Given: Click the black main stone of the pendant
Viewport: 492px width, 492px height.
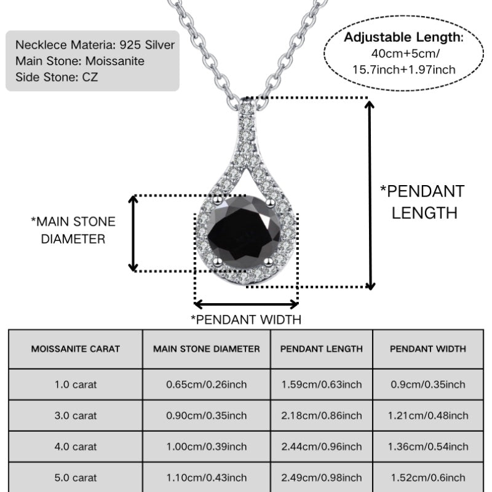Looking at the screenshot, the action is point(244,232).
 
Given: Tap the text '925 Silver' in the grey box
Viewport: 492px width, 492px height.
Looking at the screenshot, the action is point(147,45).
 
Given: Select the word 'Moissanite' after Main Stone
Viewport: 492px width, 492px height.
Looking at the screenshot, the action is point(115,61).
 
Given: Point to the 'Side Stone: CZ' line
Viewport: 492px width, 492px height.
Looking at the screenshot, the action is point(57,77).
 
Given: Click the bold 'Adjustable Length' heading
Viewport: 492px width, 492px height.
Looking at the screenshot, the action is point(402,37).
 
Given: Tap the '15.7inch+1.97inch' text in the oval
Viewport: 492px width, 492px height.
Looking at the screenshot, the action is point(404,69).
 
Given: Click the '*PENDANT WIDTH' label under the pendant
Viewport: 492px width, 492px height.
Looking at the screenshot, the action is point(247,320).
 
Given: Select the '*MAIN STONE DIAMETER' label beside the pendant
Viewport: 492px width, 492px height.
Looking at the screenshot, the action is point(73,230).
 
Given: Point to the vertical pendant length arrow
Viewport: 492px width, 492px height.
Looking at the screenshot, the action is point(370,194).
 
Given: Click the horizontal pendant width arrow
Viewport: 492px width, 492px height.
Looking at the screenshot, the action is point(247,304).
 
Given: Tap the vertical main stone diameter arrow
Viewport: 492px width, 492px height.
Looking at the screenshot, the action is point(133,234).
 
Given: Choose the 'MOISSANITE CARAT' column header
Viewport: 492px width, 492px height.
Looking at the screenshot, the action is point(76,349).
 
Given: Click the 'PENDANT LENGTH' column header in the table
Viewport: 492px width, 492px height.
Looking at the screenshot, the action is point(321,349).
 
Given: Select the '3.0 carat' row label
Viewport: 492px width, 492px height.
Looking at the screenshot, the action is point(76,416).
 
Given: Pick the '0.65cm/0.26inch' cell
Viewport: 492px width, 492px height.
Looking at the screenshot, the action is point(207,384).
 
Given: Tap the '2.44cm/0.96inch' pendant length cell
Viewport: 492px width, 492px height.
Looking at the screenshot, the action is point(321,446).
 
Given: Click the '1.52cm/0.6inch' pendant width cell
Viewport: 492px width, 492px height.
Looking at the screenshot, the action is point(428,478).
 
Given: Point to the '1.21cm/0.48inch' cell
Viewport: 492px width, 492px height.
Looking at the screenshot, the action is point(428,416).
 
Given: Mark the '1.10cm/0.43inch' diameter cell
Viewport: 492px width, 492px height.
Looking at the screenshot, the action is point(207,478).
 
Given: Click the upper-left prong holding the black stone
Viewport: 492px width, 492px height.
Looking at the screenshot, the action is point(217,200).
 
